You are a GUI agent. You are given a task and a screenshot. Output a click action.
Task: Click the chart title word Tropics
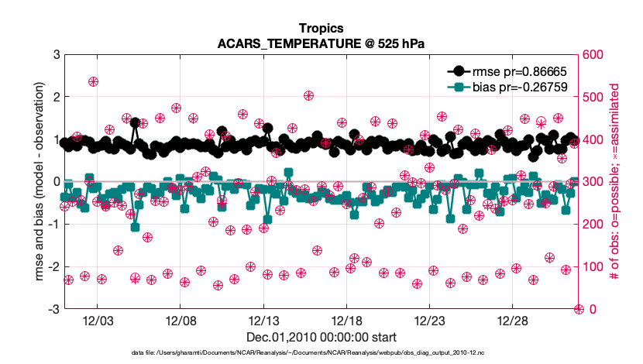click(x=321, y=29)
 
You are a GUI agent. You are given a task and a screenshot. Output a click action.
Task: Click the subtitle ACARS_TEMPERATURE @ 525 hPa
click(x=321, y=43)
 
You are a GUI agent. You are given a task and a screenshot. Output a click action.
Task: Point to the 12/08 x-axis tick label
click(x=180, y=321)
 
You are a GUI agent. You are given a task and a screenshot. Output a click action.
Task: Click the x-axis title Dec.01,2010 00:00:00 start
click(x=321, y=337)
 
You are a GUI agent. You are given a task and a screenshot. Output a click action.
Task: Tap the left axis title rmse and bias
click(x=39, y=182)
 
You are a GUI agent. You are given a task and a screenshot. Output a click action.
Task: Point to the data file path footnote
click(x=321, y=353)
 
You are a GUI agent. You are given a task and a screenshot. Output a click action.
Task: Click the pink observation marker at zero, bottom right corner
click(x=578, y=309)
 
